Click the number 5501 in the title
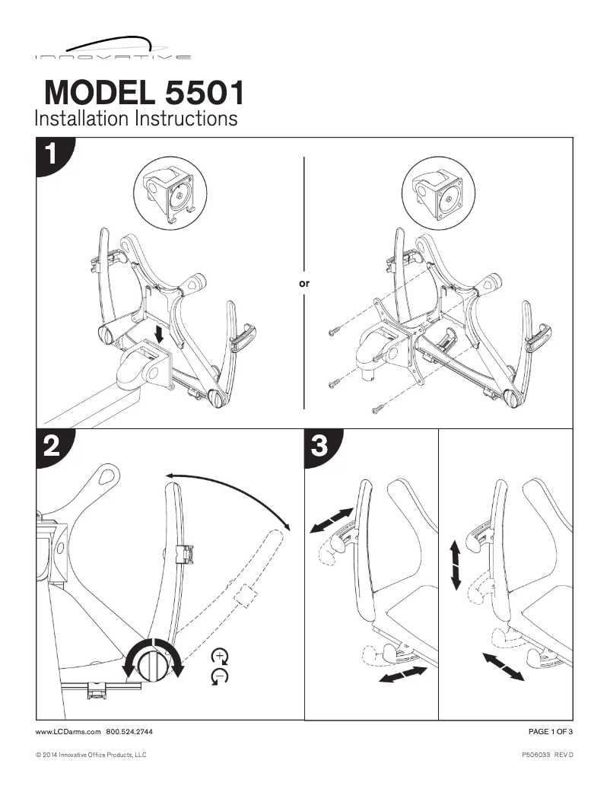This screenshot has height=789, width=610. (x=204, y=94)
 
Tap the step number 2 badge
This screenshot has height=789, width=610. (x=52, y=447)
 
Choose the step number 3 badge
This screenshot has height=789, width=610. (x=320, y=446)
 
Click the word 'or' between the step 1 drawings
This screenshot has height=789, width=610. (x=305, y=282)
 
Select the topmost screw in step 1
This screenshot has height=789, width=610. (x=335, y=331)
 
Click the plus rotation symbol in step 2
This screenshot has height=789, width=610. (x=221, y=657)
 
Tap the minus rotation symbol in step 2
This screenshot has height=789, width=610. (x=221, y=675)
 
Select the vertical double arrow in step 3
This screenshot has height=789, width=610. (x=456, y=565)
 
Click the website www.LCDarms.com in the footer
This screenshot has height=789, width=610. (x=68, y=731)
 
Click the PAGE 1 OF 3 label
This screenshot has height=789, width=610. (x=550, y=731)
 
